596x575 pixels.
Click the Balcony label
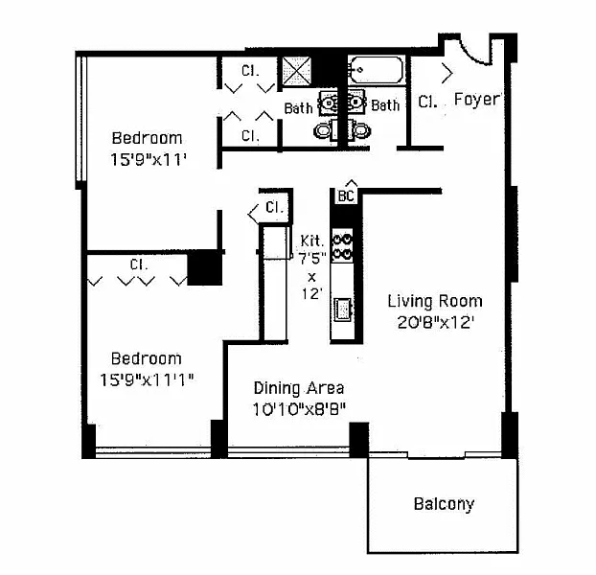[444, 504]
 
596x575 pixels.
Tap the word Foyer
[476, 99]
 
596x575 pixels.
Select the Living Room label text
[434, 301]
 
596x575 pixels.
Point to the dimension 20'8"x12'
[434, 322]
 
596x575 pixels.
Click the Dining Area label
[298, 388]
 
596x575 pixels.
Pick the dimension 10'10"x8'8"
[298, 408]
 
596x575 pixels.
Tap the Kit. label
[310, 241]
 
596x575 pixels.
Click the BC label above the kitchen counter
[346, 195]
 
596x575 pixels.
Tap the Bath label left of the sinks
[298, 107]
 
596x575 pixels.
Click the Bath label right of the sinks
[385, 104]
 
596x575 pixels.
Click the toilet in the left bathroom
[325, 128]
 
